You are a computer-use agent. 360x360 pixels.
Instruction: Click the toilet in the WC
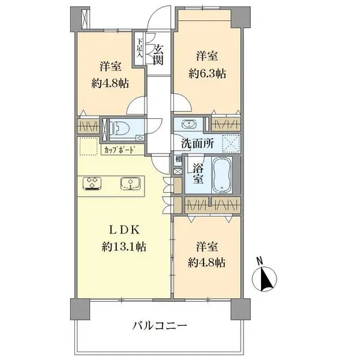point(119,128)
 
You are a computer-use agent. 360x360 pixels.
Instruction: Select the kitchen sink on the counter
point(131,184)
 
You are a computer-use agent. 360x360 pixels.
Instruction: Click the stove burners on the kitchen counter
point(92,184)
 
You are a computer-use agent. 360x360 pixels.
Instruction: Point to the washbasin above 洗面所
point(189,124)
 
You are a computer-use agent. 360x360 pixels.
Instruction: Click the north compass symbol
point(264,279)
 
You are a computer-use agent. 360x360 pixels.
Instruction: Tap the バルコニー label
point(160,326)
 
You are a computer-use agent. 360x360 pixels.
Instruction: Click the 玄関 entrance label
point(158,55)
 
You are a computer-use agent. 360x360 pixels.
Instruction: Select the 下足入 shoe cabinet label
point(140,48)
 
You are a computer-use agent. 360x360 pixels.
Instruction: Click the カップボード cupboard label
point(119,150)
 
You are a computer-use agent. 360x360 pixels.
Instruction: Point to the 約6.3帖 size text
point(207,74)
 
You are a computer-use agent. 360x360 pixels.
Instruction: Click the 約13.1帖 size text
point(124,247)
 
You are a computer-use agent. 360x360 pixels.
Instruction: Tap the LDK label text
point(124,230)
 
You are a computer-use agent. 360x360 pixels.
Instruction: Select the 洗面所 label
point(197,143)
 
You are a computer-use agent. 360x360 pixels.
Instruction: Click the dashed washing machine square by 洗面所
point(231,144)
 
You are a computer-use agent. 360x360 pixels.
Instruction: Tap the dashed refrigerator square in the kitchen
point(88,146)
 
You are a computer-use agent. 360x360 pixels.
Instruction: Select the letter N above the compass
point(259,261)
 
